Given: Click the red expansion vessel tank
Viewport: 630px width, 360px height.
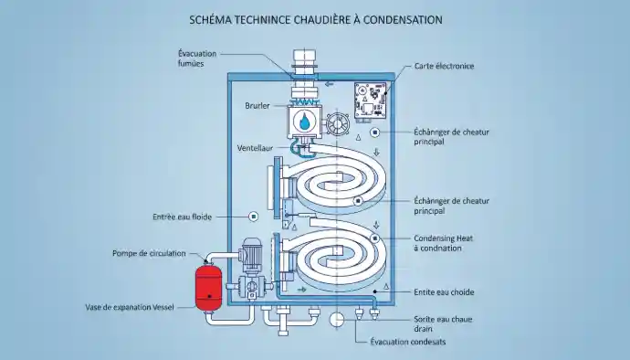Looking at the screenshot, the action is [x=208, y=287].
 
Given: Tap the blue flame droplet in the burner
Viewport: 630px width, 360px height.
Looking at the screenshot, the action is [x=305, y=121].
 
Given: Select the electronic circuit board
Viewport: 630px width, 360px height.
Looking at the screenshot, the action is [x=371, y=101].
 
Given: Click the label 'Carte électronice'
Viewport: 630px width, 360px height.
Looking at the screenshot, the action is [x=444, y=66].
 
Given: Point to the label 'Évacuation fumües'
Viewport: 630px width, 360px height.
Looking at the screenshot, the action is [x=197, y=58].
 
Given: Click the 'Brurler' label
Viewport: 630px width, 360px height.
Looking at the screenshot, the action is [x=257, y=106].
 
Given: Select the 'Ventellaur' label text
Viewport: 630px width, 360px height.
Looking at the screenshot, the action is [x=255, y=148].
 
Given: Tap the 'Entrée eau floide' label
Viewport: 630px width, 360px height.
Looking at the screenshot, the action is [x=182, y=217].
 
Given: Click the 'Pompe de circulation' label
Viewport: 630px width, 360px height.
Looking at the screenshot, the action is [x=149, y=253].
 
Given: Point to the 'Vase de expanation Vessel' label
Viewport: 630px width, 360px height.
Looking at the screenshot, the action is [x=130, y=307].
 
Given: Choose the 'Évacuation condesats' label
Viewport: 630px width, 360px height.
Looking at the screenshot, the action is [x=408, y=342].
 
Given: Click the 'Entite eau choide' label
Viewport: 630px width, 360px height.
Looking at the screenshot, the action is [x=444, y=292].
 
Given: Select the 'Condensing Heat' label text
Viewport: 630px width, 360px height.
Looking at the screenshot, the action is [x=444, y=238].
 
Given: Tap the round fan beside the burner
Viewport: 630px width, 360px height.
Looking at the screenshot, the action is [x=338, y=124].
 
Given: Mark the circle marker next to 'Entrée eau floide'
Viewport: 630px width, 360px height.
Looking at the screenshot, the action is [x=254, y=217].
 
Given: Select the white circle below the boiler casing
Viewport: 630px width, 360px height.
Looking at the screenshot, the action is [x=337, y=320].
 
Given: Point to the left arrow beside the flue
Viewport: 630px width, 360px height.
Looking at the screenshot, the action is [x=329, y=84].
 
